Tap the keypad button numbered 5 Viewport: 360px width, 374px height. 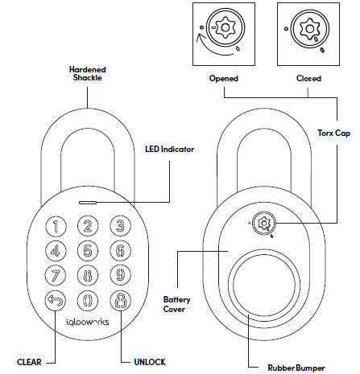(89, 251)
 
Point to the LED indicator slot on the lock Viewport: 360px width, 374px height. (89, 203)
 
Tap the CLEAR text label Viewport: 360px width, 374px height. (31, 362)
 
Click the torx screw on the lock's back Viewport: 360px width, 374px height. (263, 223)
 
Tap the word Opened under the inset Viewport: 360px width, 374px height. (225, 79)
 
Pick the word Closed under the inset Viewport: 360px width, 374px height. (308, 79)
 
